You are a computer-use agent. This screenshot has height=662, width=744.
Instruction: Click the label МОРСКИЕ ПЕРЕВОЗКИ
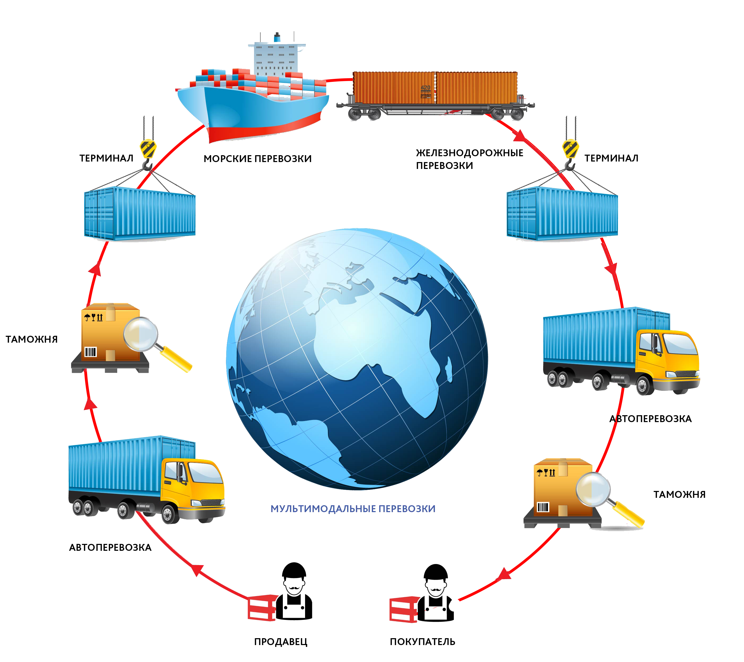[257, 159]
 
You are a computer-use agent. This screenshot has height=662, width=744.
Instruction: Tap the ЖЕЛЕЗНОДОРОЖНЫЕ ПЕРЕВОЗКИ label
[470, 159]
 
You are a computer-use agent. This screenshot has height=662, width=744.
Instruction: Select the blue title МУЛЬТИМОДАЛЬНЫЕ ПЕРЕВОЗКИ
[353, 509]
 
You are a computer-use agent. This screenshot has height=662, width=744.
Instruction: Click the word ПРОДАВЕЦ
[281, 642]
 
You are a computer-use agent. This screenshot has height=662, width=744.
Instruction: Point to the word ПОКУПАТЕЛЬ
[423, 642]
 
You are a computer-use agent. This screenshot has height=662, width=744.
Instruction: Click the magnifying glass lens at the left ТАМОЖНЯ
[140, 334]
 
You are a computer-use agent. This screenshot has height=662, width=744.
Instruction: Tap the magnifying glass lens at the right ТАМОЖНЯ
[593, 489]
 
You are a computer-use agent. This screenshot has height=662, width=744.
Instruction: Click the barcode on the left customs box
[91, 352]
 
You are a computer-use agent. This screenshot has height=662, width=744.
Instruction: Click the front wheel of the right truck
[644, 384]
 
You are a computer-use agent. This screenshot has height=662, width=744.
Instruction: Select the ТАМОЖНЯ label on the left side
[32, 339]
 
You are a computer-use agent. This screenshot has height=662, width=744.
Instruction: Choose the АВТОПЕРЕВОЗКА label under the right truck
[650, 419]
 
